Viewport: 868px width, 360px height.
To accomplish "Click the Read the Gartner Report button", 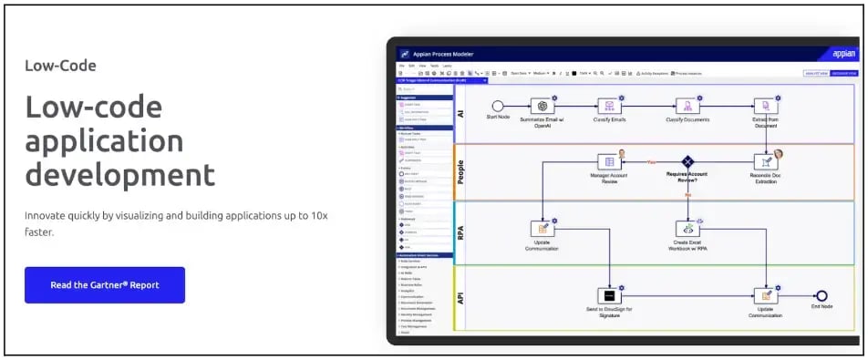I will tap(105, 285).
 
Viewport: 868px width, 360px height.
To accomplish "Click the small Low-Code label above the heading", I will tap(60, 66).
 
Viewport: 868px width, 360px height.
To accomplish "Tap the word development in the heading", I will tap(119, 174).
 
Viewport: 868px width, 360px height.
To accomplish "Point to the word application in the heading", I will tap(104, 141).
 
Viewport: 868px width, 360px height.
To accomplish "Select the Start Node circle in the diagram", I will tap(498, 106).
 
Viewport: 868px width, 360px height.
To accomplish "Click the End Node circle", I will tap(822, 295).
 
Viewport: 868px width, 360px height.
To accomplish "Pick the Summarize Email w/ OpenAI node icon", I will tap(542, 106).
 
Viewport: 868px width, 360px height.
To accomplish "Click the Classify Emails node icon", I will tap(609, 106).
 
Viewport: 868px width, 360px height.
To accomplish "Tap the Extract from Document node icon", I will tap(765, 106).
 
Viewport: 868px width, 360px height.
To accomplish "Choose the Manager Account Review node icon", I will tap(607, 161).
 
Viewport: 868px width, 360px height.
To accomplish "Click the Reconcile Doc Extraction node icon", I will tap(765, 161).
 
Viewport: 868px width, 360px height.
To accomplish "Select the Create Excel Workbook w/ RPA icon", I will tap(687, 229).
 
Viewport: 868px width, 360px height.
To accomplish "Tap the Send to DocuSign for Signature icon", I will tap(608, 295).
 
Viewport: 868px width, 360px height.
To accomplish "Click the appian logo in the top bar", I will tap(843, 54).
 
